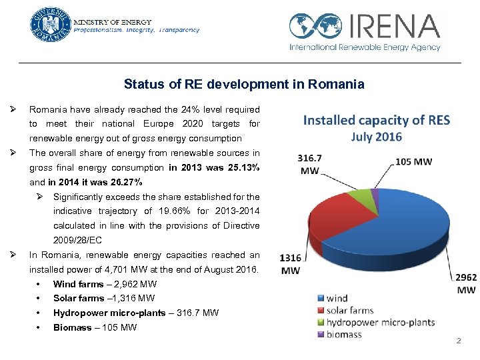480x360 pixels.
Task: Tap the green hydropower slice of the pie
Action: click(x=363, y=195)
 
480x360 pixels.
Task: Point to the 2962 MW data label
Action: click(x=467, y=284)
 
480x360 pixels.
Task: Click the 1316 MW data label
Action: click(x=291, y=264)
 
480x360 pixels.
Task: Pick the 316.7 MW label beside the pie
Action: click(x=310, y=165)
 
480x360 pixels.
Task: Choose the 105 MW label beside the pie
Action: click(x=413, y=161)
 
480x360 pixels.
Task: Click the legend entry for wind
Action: click(x=337, y=299)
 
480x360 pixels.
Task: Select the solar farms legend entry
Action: click(x=350, y=311)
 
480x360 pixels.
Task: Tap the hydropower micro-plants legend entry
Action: click(x=379, y=323)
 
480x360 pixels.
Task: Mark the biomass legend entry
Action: click(x=344, y=335)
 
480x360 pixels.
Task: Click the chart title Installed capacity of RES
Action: click(x=377, y=121)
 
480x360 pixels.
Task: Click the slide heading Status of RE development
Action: click(x=244, y=85)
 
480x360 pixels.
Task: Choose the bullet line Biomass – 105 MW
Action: click(x=95, y=327)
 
